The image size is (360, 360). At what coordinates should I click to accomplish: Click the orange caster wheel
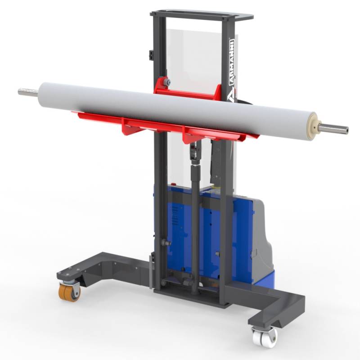[x=69, y=292]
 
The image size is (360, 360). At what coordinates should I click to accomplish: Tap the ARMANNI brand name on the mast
[x=232, y=63]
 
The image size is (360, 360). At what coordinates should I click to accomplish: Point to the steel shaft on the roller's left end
[x=28, y=92]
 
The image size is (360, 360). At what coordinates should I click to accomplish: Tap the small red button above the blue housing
[x=173, y=184]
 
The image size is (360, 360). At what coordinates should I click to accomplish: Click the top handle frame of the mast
[x=202, y=15]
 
